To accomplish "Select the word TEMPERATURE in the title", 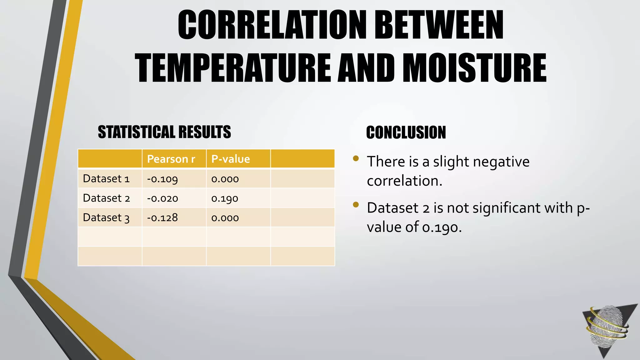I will [x=233, y=68].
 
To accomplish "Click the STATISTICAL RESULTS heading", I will [x=164, y=132].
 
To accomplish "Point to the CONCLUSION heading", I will [x=406, y=132].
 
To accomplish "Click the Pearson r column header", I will [x=171, y=159].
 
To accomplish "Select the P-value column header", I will [x=231, y=159].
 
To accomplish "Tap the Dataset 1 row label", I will [x=106, y=179].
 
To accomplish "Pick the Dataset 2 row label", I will [x=106, y=198].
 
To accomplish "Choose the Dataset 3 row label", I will [x=106, y=217].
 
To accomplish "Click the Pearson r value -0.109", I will [x=162, y=179].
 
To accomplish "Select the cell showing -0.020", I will [x=162, y=198].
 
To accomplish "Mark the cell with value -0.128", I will [x=162, y=217].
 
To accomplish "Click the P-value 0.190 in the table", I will [x=225, y=198].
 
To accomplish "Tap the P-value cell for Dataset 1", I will [x=225, y=179].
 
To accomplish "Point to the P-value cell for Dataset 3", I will [x=225, y=218].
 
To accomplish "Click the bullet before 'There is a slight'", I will [x=356, y=158].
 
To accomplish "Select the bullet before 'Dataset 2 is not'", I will [x=356, y=205].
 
